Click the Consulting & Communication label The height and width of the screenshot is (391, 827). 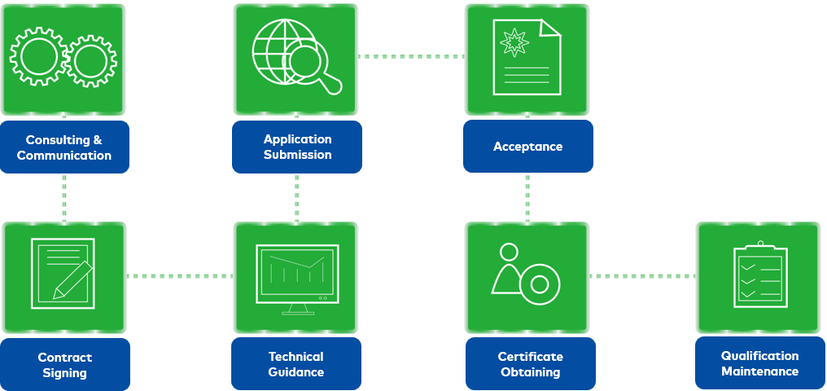[x=64, y=147]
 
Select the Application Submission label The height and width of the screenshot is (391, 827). [x=297, y=147]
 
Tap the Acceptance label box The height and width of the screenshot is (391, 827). [x=527, y=147]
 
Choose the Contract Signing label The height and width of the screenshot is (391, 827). [x=64, y=365]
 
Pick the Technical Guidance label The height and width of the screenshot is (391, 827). [x=296, y=364]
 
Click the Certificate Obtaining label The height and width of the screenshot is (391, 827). [x=530, y=364]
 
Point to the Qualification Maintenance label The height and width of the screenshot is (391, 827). [x=759, y=363]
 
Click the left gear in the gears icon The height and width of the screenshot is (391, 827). [x=37, y=58]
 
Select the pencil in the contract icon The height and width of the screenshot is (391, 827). [x=72, y=279]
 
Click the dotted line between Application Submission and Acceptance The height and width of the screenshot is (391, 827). [x=412, y=57]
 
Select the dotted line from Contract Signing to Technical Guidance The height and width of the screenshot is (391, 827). [x=179, y=276]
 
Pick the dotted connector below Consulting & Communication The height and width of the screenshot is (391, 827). [x=64, y=197]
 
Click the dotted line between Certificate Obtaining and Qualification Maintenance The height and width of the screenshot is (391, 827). [x=643, y=276]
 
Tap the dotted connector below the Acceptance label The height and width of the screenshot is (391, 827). [x=527, y=196]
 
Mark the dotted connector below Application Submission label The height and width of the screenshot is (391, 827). [x=297, y=197]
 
